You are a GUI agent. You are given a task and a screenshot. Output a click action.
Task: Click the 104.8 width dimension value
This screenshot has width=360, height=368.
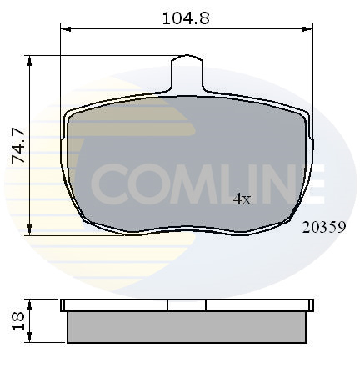[x=186, y=18]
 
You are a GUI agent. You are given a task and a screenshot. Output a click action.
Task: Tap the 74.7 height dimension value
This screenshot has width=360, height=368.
[x=18, y=145]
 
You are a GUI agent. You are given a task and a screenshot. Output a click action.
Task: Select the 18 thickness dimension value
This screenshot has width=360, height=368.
[x=18, y=321]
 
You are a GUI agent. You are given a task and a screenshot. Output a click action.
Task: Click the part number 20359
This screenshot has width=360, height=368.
[x=324, y=227]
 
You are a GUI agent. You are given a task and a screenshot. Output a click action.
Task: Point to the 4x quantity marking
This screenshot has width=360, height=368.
[x=242, y=199]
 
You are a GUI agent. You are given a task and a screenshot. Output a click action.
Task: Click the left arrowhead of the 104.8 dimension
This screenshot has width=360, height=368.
[x=66, y=28]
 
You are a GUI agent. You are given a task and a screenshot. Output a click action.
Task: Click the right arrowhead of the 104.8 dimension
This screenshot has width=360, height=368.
[x=307, y=28]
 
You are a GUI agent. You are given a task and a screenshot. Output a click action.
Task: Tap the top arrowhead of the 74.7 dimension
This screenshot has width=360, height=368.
[x=29, y=61]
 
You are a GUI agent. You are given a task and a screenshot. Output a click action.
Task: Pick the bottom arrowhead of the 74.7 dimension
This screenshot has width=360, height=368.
[x=29, y=230]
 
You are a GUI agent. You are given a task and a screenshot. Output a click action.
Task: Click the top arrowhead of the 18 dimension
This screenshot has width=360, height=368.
[x=30, y=305]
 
